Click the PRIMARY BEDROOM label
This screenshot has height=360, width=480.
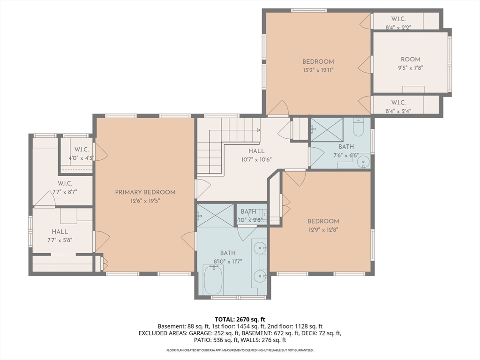145,192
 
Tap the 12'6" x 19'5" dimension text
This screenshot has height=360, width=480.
145,201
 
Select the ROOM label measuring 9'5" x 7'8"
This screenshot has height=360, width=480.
410,60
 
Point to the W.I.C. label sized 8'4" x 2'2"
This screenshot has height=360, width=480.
398,19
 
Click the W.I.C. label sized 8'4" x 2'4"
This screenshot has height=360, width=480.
398,103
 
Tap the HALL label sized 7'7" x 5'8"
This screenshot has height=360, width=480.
60,232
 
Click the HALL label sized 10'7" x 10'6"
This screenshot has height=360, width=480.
256,151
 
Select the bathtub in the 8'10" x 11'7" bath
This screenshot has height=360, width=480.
213,280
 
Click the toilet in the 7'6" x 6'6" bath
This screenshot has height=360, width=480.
358,127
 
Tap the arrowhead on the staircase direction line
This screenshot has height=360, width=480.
258,130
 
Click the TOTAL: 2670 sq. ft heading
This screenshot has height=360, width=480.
240,318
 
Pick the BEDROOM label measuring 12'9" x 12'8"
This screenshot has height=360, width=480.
323,221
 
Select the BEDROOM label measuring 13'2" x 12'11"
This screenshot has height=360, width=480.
318,61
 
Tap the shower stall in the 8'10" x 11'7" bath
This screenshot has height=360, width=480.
215,215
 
